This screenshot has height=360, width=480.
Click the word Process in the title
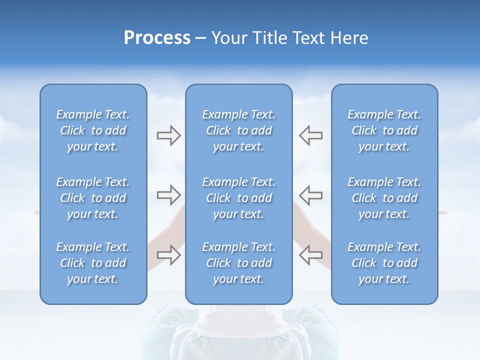pyautogui.click(x=157, y=38)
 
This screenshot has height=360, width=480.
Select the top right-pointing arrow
pyautogui.click(x=168, y=135)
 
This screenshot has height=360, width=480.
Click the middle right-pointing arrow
pyautogui.click(x=168, y=194)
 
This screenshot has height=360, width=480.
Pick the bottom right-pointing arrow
pyautogui.click(x=168, y=254)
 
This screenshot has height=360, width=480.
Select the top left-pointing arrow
pyautogui.click(x=310, y=135)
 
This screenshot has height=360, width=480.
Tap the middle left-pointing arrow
pyautogui.click(x=310, y=194)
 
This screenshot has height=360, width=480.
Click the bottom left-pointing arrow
pyautogui.click(x=310, y=254)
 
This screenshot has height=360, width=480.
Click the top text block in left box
pyautogui.click(x=93, y=130)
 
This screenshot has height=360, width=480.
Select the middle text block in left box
pyautogui.click(x=93, y=198)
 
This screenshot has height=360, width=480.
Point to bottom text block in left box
pyautogui.click(x=93, y=263)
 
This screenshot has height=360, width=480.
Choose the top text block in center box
pyautogui.click(x=238, y=130)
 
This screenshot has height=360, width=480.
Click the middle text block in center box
pyautogui.click(x=238, y=198)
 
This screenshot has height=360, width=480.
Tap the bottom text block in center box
pyautogui.click(x=238, y=263)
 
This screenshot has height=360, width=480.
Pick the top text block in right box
pyautogui.click(x=384, y=130)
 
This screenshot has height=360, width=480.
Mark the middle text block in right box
pyautogui.click(x=384, y=198)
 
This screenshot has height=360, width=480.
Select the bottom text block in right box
pyautogui.click(x=384, y=263)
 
